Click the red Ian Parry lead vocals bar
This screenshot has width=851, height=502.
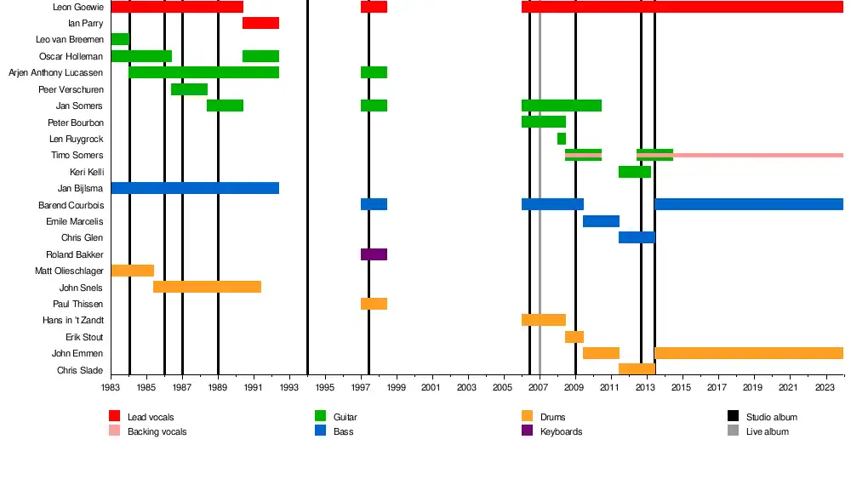[260, 23]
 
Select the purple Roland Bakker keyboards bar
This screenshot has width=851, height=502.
[374, 254]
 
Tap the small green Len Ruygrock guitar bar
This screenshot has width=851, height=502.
[562, 139]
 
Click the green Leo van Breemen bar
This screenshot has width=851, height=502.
[120, 39]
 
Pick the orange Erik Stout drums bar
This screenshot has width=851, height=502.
[574, 337]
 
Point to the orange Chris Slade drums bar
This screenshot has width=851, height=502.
[637, 369]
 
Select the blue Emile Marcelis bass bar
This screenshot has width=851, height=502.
[601, 221]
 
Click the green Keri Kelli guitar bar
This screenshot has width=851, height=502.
[635, 172]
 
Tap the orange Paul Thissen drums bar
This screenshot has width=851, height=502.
[374, 304]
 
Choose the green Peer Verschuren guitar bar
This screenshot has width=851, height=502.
[189, 89]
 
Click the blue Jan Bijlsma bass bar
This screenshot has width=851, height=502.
[195, 188]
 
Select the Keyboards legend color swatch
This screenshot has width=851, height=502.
[526, 431]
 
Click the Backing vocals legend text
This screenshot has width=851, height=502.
[157, 432]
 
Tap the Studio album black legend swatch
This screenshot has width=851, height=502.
[733, 417]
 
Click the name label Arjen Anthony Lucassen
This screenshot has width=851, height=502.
[55, 73]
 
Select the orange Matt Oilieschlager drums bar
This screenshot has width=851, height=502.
[132, 271]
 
